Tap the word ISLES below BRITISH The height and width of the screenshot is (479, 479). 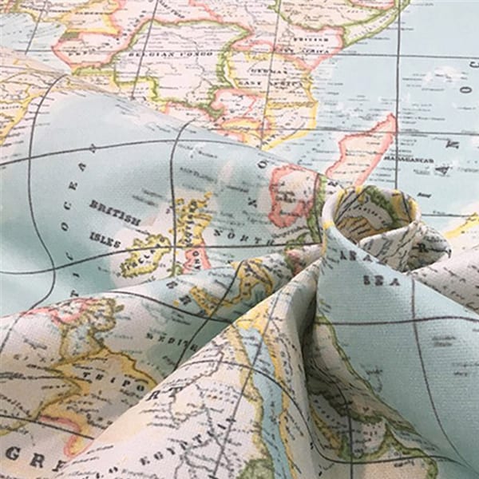[105, 238]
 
